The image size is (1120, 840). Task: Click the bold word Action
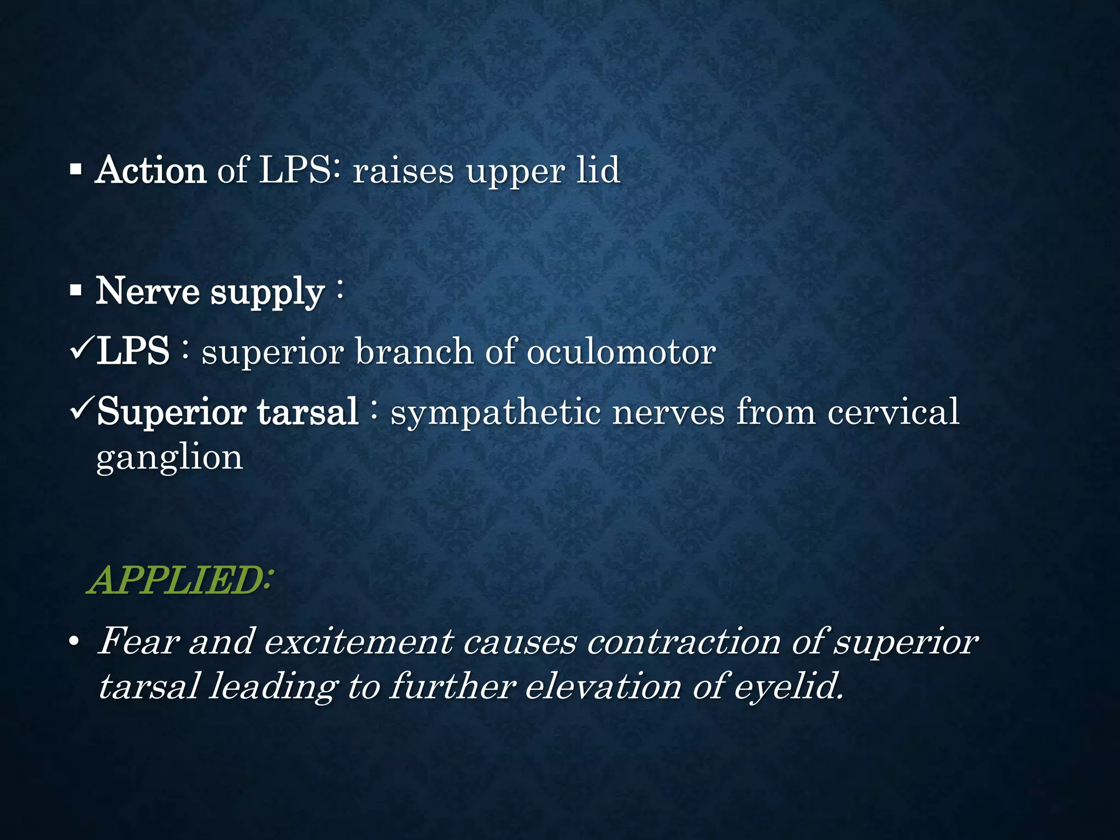click(150, 171)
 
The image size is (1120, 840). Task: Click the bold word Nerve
click(148, 291)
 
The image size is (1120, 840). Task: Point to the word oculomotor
click(621, 352)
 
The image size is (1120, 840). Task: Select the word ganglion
click(169, 458)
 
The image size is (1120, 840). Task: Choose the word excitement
click(359, 641)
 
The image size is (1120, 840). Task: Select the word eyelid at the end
click(787, 687)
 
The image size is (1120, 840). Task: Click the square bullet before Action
click(76, 171)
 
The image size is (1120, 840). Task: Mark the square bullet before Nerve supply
click(76, 291)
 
